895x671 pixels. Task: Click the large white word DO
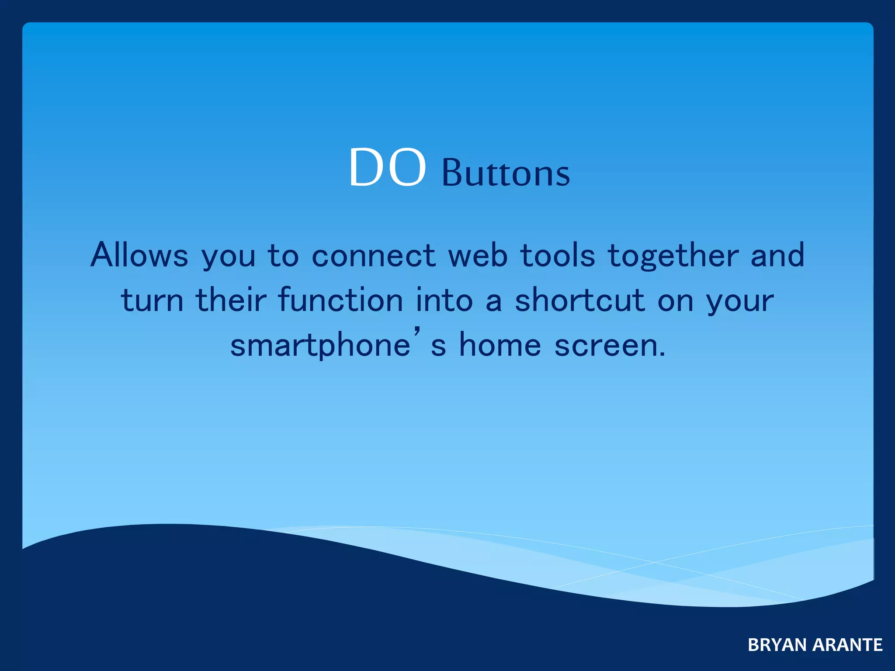(x=387, y=168)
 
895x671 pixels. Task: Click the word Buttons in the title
(x=506, y=173)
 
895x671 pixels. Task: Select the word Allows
(x=139, y=255)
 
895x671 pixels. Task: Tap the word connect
(x=373, y=256)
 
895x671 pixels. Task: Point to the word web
(x=478, y=255)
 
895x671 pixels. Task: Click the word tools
(x=558, y=255)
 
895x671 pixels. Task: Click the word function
(x=340, y=300)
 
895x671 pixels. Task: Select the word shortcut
(x=579, y=300)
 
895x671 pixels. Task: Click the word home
(x=500, y=345)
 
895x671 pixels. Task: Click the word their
(x=231, y=300)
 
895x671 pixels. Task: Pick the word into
(x=444, y=300)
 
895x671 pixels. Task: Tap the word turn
(x=152, y=301)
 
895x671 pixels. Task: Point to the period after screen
(x=662, y=355)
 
